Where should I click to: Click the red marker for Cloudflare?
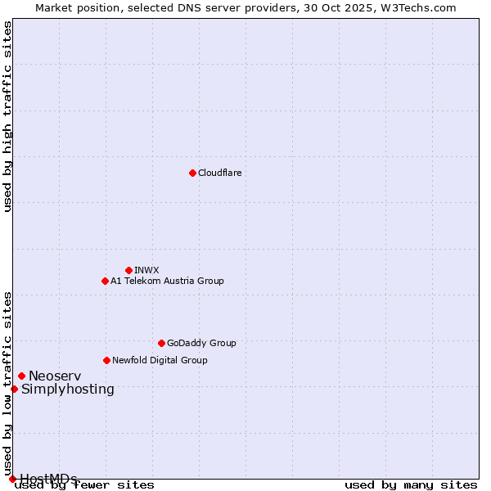(x=192, y=173)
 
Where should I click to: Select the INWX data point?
(x=128, y=270)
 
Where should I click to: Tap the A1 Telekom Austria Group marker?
(x=105, y=281)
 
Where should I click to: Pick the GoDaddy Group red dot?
(x=161, y=343)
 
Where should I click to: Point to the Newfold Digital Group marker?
(x=106, y=360)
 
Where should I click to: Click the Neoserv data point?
(x=21, y=376)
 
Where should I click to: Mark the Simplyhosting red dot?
(x=14, y=389)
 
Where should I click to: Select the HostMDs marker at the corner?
(x=12, y=479)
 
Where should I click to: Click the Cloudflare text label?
(x=219, y=173)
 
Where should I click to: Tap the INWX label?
(x=146, y=270)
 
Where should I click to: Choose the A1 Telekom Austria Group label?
(x=167, y=281)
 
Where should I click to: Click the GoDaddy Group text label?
(x=201, y=343)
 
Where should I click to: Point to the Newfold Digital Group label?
(x=160, y=360)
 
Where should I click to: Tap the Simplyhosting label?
(x=68, y=389)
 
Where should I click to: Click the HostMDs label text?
(x=48, y=479)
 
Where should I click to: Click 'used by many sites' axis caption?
(x=411, y=484)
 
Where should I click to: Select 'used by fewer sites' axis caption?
(x=84, y=484)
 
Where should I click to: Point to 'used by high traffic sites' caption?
(x=7, y=116)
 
